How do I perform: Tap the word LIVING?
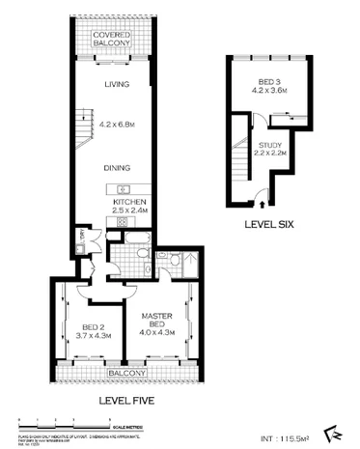coord(118,85)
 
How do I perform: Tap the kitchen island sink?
coord(122,188)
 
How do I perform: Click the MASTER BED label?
coord(156,320)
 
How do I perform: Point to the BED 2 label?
coord(93,325)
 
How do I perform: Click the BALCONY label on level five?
coord(126,373)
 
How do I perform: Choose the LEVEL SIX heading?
coord(269,228)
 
